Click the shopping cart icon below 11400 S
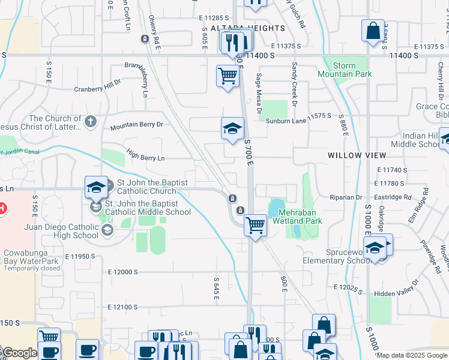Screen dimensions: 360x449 click(x=228, y=76)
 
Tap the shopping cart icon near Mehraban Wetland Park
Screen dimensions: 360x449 click(x=256, y=226)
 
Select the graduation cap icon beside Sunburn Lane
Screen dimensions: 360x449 click(x=233, y=128)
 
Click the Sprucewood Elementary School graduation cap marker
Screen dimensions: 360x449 click(x=375, y=248)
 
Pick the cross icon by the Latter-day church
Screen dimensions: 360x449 click(x=91, y=122)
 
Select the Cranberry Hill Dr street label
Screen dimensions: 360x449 click(x=97, y=89)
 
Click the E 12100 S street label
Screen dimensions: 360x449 click(x=131, y=307)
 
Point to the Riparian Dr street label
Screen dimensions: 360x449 click(x=347, y=197)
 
